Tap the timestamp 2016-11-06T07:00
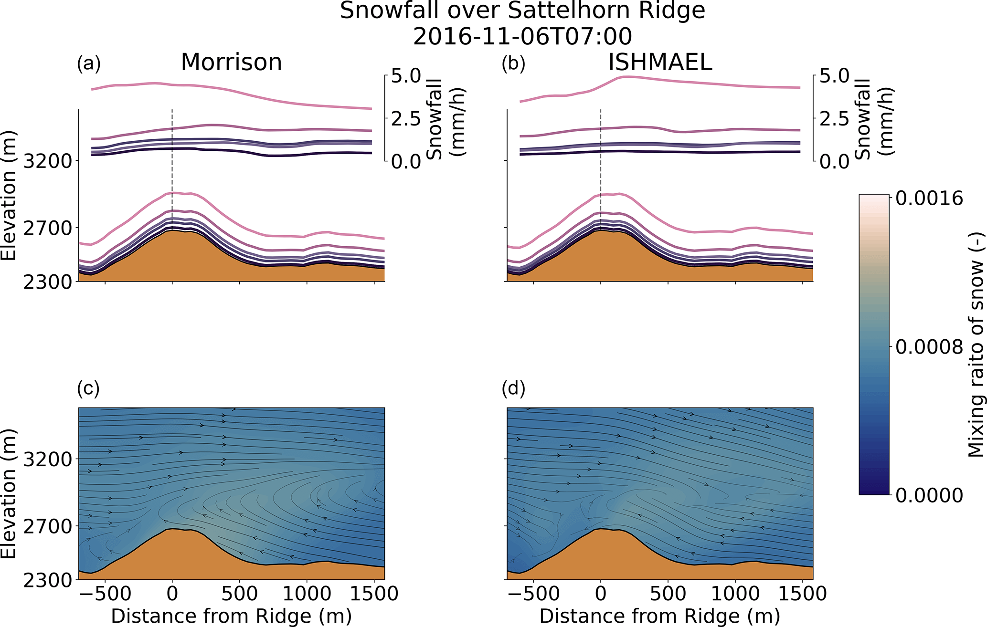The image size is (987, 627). point(522,37)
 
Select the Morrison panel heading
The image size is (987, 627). point(232,63)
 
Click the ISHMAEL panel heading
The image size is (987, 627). point(660,63)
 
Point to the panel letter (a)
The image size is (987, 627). point(89,63)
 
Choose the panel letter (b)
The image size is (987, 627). point(513,63)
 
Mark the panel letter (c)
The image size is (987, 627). point(88,388)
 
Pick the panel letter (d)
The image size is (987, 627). point(513,388)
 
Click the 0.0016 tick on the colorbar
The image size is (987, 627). point(929,198)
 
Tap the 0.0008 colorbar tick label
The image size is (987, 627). point(929,347)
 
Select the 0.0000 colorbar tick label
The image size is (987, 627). point(929,495)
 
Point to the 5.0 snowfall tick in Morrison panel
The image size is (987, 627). point(406,76)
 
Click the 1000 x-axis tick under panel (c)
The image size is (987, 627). point(307,595)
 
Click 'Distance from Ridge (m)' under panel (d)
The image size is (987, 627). point(659,616)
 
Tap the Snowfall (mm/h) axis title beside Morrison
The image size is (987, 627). point(446,119)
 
